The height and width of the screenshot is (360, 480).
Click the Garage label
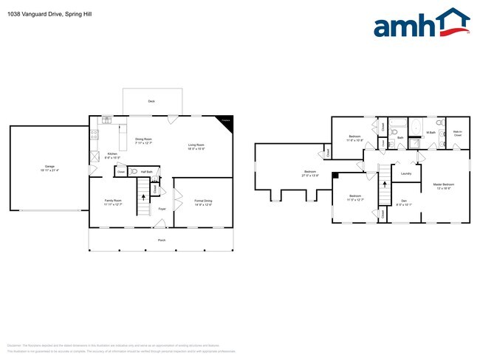(x=49, y=167)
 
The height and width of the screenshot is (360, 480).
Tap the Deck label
(x=151, y=100)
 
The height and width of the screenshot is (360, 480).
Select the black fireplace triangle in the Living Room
(x=226, y=121)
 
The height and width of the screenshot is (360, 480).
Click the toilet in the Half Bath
(x=134, y=171)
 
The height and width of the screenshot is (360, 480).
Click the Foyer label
(x=162, y=209)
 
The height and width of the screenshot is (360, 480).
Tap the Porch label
(x=161, y=240)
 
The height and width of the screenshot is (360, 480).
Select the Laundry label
(x=405, y=174)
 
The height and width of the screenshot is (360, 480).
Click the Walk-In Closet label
(x=457, y=134)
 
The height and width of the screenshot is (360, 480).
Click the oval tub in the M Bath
(x=415, y=126)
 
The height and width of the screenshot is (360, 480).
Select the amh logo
(x=422, y=24)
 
